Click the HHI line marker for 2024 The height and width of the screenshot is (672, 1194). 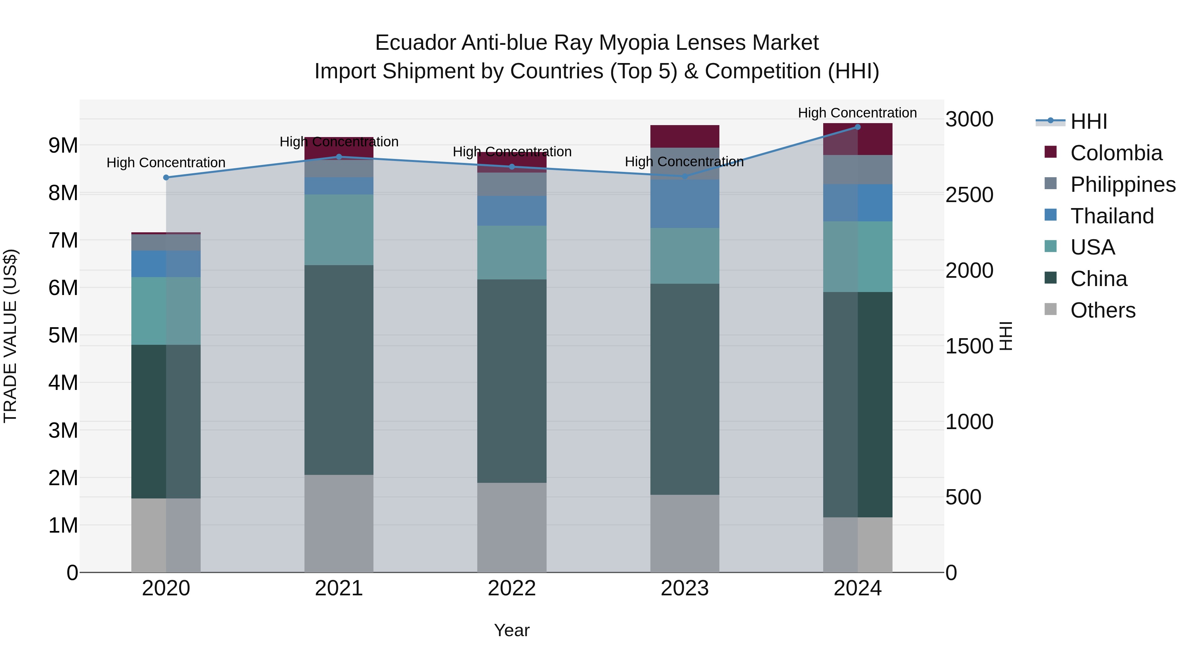[857, 127]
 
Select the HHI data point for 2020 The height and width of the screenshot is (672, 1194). [166, 178]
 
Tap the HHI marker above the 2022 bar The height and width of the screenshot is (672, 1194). [512, 167]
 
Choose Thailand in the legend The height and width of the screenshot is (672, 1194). [1111, 216]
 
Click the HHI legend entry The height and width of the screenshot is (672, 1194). [1088, 121]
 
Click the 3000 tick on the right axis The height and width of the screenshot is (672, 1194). [969, 120]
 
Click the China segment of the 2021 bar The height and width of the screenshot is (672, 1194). [339, 370]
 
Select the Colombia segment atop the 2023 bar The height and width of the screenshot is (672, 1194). [685, 136]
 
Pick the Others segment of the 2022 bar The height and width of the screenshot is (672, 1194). [512, 527]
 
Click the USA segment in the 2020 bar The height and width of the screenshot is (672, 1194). [166, 311]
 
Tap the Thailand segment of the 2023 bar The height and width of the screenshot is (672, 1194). [685, 204]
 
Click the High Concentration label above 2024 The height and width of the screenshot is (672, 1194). [857, 113]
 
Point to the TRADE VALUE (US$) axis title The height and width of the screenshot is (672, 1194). [10, 336]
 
